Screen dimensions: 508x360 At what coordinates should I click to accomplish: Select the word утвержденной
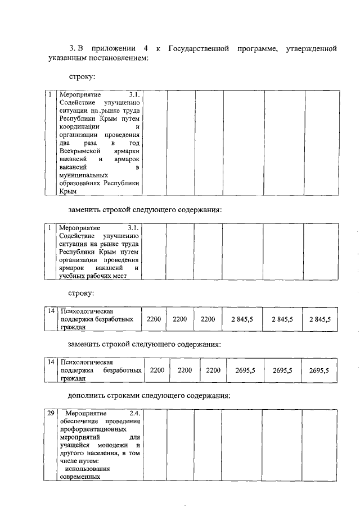tap(311, 49)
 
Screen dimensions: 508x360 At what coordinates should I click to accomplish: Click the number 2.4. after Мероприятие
tap(134, 414)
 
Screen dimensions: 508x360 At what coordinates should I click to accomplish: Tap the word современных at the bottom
tap(79, 477)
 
